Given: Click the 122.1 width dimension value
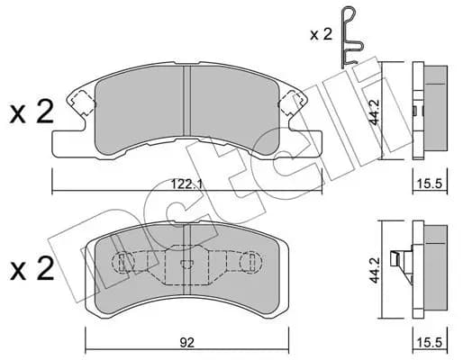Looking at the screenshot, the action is click(186, 184).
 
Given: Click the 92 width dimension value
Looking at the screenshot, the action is click(187, 342).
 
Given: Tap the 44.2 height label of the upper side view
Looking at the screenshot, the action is click(375, 112).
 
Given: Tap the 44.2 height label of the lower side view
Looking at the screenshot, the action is click(375, 270).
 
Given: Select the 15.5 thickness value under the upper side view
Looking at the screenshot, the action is click(430, 184).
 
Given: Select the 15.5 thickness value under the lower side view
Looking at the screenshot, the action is click(430, 342).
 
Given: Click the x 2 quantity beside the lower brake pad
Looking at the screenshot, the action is click(32, 268).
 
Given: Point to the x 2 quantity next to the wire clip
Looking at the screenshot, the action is click(322, 35).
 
